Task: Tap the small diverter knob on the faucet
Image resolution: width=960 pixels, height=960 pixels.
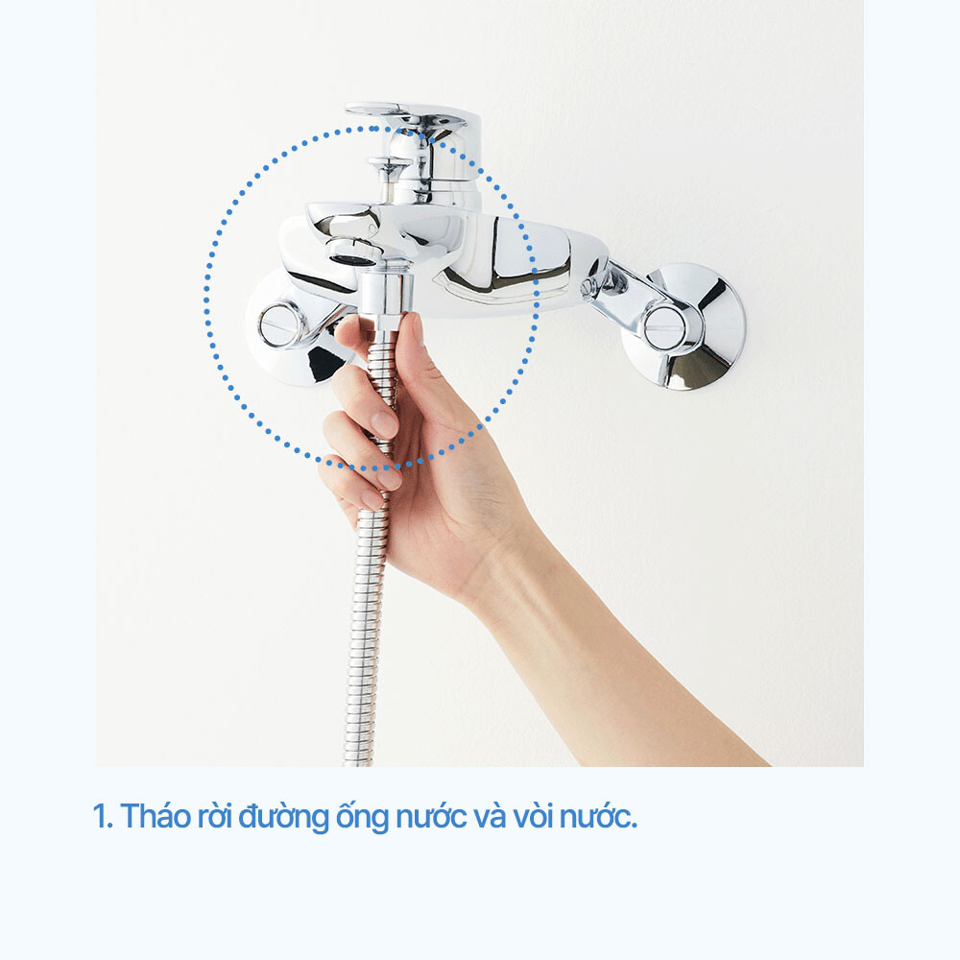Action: pos(390,165)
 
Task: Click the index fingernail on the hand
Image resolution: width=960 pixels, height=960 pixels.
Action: pos(384,423)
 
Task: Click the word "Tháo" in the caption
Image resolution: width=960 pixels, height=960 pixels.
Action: pos(156,816)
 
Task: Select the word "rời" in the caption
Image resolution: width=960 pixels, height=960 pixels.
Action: pos(214,817)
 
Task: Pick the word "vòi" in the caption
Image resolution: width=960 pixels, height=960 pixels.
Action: pos(533,817)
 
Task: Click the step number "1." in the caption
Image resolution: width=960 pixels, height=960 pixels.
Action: pos(103,817)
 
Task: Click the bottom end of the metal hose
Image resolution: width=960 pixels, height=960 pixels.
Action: pos(359,761)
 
